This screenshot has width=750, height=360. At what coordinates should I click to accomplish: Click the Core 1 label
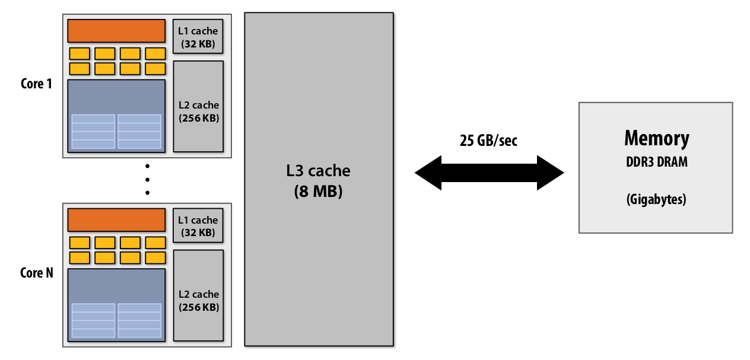point(36,84)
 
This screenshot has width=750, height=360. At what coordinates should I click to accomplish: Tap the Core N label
point(36,273)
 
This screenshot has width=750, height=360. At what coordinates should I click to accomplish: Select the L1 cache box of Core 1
point(198,37)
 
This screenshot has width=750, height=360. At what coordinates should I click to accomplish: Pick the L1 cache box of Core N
point(198,226)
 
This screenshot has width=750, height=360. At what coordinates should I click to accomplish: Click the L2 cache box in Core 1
point(198,106)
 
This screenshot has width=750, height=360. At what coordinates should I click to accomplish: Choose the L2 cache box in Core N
point(198,295)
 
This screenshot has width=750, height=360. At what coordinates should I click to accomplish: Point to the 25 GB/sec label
point(488,141)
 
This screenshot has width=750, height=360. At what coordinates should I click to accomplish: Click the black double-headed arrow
point(489,173)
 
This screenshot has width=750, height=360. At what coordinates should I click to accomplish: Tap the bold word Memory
point(656,138)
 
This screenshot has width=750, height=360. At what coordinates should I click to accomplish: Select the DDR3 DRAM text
point(656,161)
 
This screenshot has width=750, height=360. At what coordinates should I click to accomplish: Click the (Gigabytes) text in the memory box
point(656,199)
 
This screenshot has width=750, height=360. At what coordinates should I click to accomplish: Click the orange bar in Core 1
point(116,31)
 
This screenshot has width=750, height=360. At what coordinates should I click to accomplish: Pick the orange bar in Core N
point(116,220)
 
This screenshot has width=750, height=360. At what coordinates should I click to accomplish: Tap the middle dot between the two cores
point(147,179)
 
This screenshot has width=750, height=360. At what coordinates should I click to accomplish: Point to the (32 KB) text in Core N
point(198,232)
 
